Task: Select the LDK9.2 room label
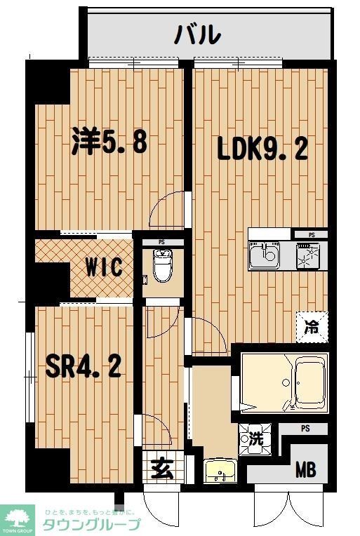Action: [261, 149]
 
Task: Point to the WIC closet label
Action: [105, 267]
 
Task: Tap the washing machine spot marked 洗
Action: [256, 440]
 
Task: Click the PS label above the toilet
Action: [161, 243]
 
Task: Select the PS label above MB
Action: [305, 429]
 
